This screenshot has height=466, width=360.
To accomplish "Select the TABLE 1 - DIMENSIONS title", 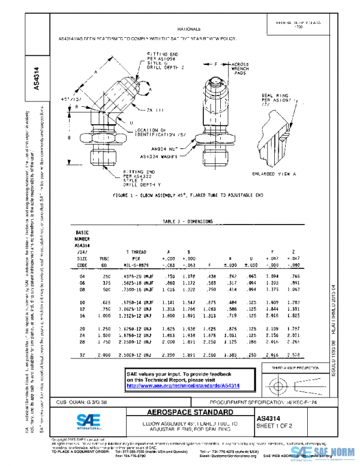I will coord(180,222).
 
